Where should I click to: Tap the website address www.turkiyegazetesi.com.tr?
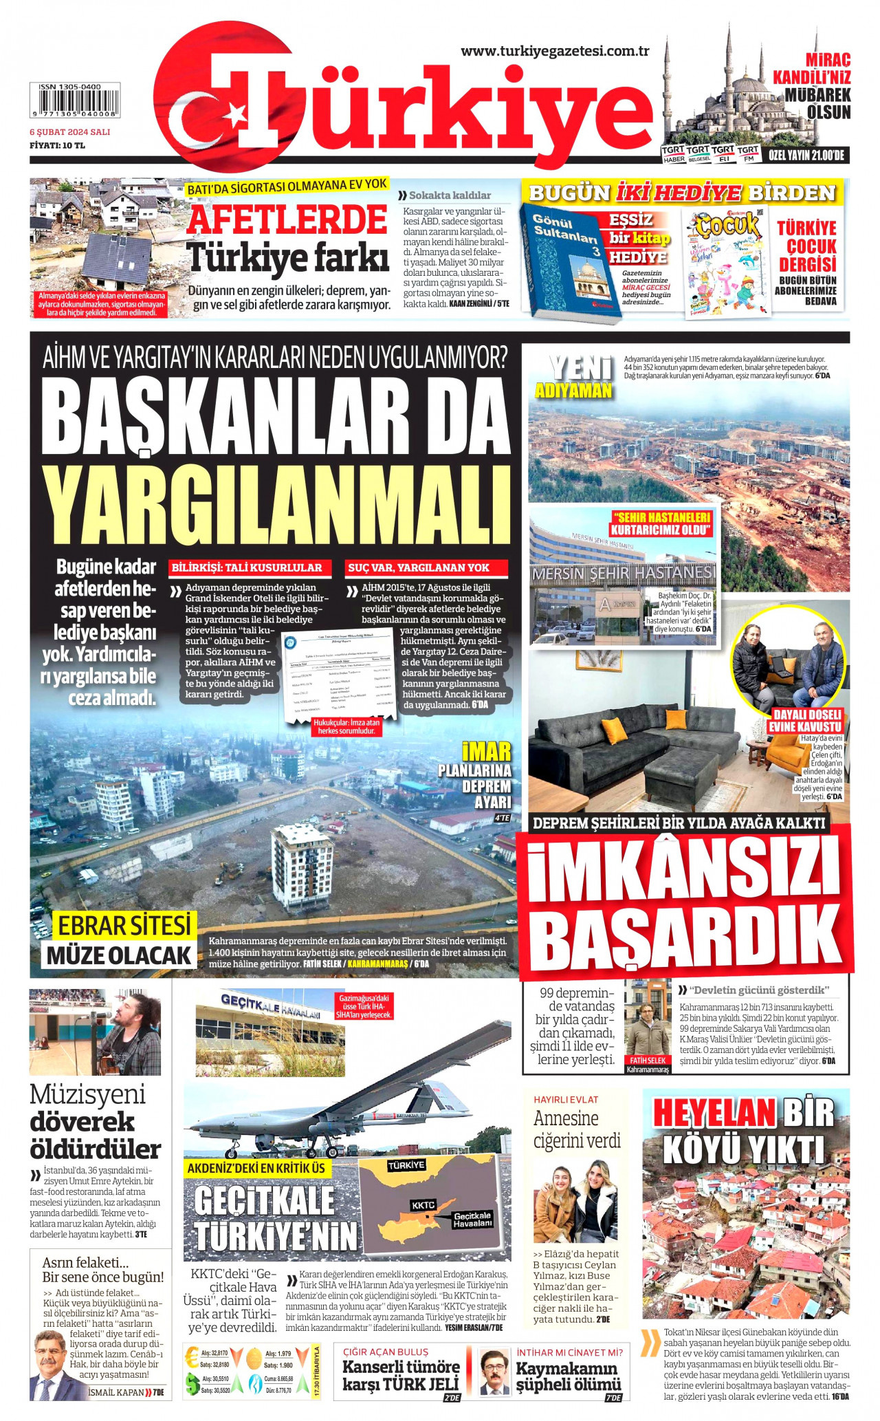tap(555, 51)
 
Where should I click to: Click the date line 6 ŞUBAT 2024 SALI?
tap(69, 131)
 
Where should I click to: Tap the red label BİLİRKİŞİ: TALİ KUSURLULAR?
tap(247, 567)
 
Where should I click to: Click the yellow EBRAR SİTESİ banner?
tap(124, 926)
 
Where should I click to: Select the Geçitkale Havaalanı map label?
tap(472, 1219)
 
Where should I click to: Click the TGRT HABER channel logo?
tap(673, 153)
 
